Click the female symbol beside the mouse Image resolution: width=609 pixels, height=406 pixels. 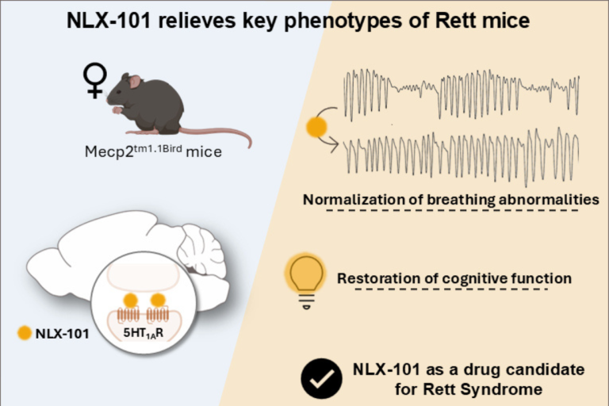point(95,80)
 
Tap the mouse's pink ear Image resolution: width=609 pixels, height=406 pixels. point(134,82)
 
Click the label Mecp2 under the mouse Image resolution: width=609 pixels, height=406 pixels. point(109,152)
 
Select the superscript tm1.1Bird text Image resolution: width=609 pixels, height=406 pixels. point(158,148)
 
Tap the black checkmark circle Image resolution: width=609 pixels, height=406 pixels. point(321,378)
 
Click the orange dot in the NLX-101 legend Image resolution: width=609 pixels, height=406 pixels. point(25,333)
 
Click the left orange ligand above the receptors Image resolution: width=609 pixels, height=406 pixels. point(131,301)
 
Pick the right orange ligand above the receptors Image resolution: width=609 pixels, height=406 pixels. point(158,301)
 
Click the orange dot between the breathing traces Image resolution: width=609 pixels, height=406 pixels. point(316,127)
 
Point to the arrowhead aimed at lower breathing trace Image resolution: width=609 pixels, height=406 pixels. point(334,145)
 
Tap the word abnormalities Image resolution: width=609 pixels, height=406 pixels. point(549,200)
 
